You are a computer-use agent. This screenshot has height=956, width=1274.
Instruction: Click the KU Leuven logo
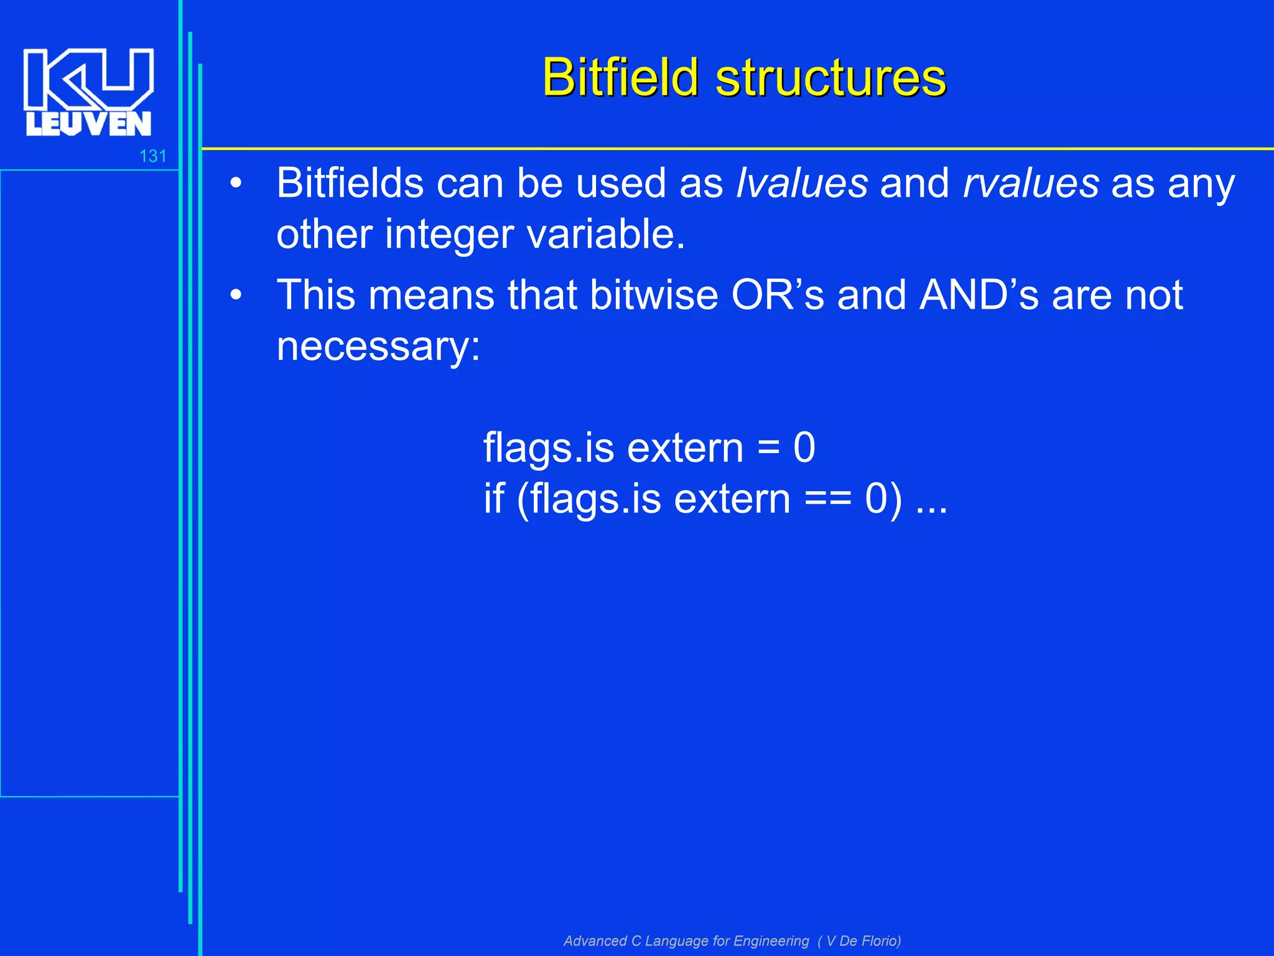pos(88,92)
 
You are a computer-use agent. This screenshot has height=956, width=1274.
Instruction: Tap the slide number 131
pos(152,156)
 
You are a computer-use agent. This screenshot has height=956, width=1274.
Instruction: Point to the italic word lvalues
pos(801,184)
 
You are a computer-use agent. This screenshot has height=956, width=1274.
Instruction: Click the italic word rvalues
pos(1031,184)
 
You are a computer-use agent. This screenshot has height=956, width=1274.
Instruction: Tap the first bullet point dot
pos(236,184)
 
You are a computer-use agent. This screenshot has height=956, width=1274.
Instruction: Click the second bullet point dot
pos(236,296)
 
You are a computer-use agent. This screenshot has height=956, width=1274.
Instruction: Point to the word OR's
pos(777,294)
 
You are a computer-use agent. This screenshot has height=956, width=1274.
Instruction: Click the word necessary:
pos(378,346)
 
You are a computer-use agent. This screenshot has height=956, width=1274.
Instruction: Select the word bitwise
pos(654,294)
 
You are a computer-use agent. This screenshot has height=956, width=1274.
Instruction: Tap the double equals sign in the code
pos(828,500)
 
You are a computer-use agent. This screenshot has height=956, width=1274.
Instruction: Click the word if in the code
pos(494,499)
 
